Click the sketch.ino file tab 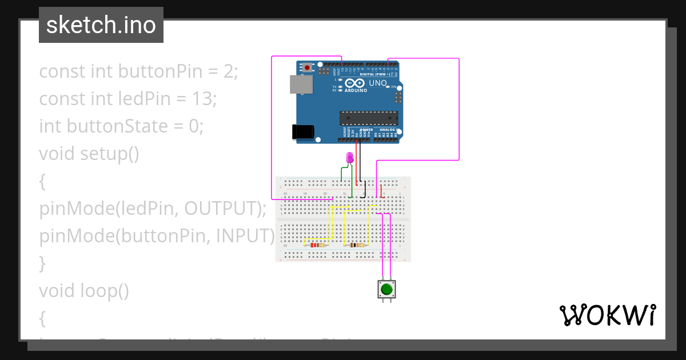[x=101, y=25]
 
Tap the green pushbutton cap [x=386, y=289]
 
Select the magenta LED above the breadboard [x=350, y=157]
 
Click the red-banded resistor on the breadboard [x=316, y=245]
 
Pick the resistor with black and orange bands [x=356, y=245]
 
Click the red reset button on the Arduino [x=308, y=67]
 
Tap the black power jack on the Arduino [x=303, y=131]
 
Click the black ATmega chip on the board [x=369, y=118]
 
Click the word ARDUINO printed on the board [x=356, y=90]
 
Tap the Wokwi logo [x=607, y=315]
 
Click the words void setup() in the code [x=89, y=154]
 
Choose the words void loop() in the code [x=84, y=291]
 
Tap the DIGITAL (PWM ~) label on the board [x=376, y=74]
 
